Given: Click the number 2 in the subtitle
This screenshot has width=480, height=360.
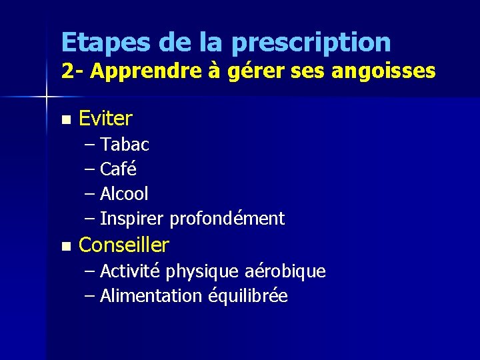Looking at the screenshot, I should (x=67, y=71).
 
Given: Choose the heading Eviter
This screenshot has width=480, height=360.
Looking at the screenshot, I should (x=105, y=119).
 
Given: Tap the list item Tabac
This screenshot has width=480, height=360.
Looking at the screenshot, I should (x=125, y=144).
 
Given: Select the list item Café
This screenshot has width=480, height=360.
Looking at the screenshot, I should (x=118, y=169).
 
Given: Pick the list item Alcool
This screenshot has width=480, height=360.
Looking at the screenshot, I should (x=124, y=194).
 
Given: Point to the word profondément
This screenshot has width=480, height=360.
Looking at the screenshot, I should (x=227, y=219).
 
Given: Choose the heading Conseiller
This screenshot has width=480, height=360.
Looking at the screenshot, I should (x=124, y=245).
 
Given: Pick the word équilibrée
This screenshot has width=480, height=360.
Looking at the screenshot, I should (x=247, y=297).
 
